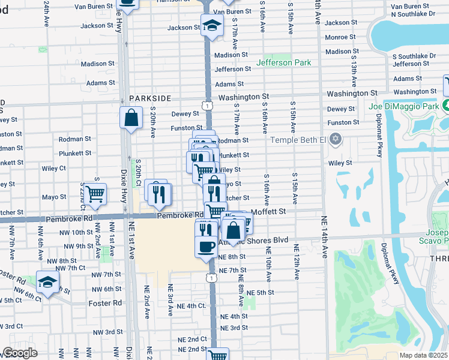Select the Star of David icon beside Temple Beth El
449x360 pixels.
(x=336, y=139)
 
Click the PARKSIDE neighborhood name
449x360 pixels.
(x=149, y=98)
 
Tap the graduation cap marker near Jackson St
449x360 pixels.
(x=210, y=26)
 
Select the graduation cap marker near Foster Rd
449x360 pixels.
(x=47, y=281)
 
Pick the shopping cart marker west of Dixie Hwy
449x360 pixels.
(x=95, y=194)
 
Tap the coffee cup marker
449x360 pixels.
(x=206, y=246)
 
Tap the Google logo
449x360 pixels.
(x=19, y=353)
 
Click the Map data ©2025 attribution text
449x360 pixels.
(x=423, y=355)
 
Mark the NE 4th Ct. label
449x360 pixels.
(x=192, y=306)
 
